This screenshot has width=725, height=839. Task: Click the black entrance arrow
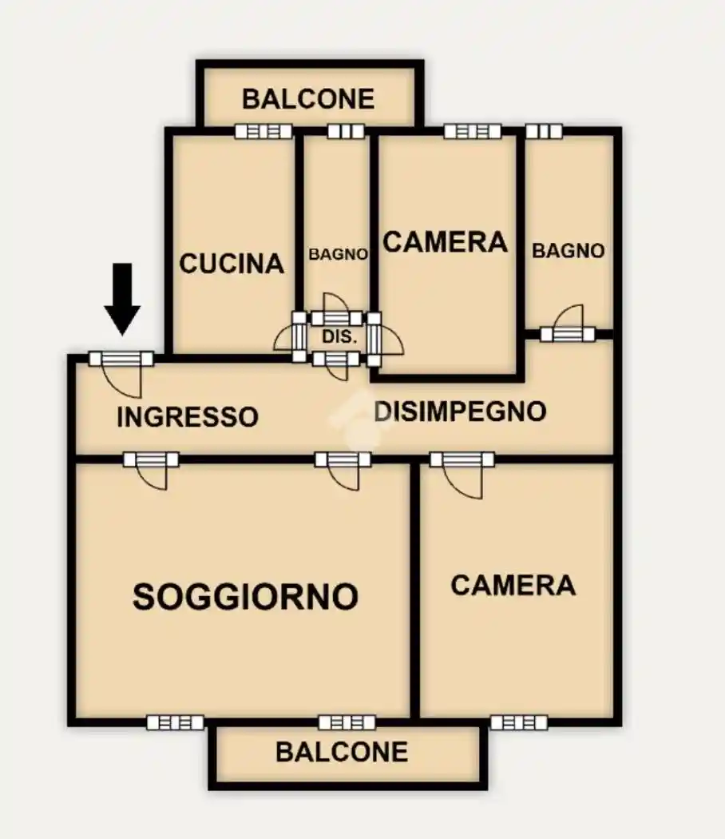(123, 298)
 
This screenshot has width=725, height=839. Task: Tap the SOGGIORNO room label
(245, 596)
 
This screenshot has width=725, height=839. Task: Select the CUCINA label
(232, 263)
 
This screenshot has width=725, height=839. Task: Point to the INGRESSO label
(188, 416)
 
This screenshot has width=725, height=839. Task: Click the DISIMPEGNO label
(460, 411)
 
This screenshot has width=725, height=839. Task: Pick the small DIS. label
(338, 337)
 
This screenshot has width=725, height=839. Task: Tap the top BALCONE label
(308, 99)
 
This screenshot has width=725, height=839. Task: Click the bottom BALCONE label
(342, 752)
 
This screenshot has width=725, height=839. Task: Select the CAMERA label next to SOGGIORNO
(513, 585)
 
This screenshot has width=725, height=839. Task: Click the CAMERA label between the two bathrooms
(446, 241)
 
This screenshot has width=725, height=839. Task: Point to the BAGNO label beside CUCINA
(339, 254)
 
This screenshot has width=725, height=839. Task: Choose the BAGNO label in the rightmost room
(569, 250)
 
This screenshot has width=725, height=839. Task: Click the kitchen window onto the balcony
(258, 132)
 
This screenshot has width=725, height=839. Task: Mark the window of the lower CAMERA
(518, 722)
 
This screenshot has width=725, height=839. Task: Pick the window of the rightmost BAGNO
(544, 131)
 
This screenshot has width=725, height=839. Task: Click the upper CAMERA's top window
(472, 131)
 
